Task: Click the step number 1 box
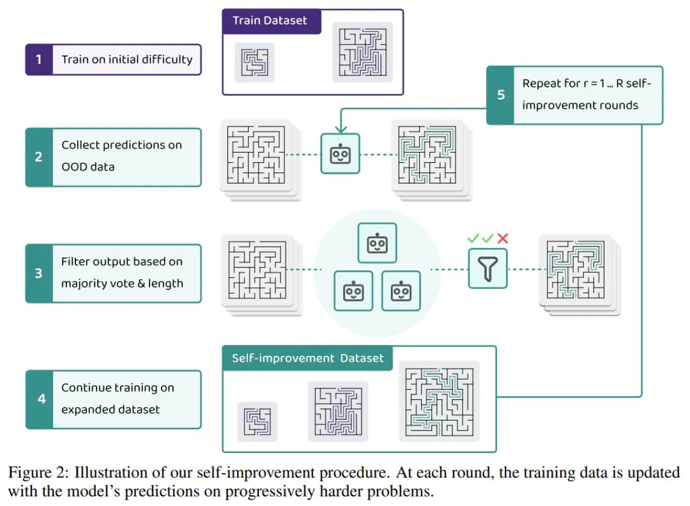point(38,59)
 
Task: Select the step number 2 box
point(38,157)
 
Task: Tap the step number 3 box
point(38,273)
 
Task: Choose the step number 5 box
point(500,95)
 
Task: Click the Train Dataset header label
point(270,20)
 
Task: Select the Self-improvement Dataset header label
point(307,358)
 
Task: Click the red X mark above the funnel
point(503,238)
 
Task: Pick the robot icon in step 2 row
point(340,153)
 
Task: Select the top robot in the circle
point(378,243)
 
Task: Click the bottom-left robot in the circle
point(353,291)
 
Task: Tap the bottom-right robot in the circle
point(401,291)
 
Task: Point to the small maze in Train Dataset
point(254,62)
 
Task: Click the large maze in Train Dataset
point(362,52)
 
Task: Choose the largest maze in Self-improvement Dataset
point(439,401)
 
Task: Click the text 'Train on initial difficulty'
point(126,59)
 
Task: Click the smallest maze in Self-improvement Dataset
point(257,422)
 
